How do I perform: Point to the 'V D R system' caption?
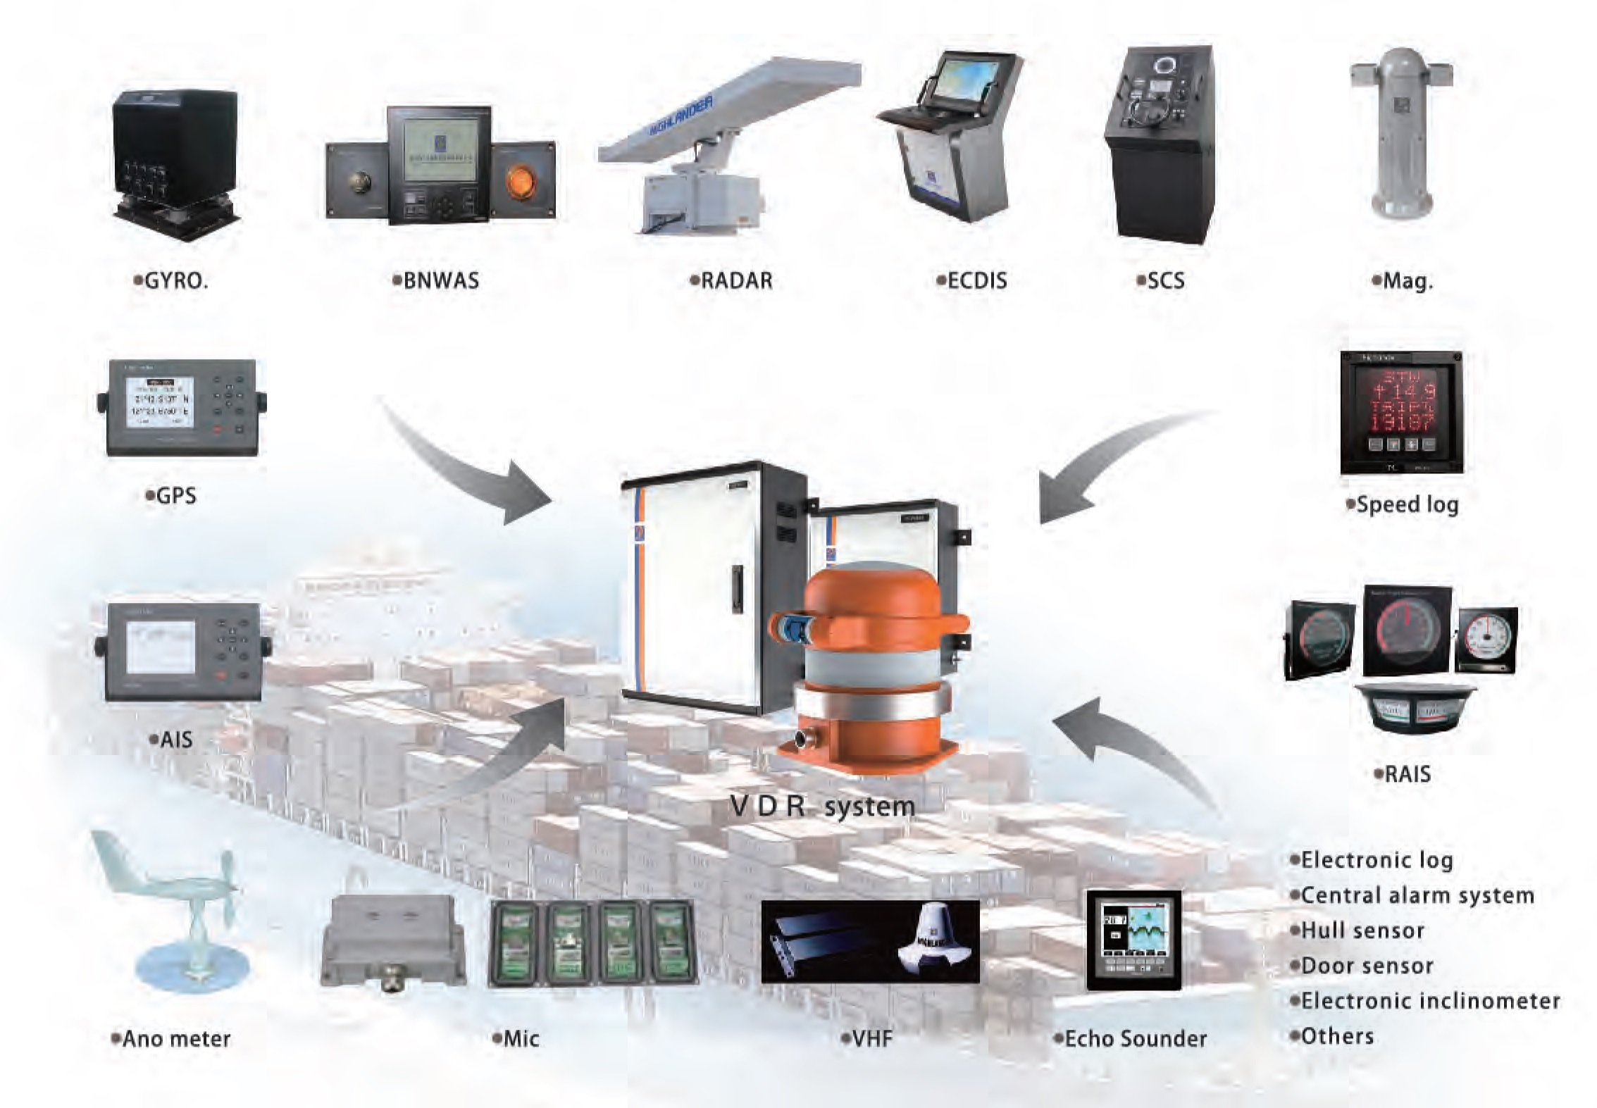click(822, 806)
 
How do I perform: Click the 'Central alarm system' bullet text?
click(1417, 895)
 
